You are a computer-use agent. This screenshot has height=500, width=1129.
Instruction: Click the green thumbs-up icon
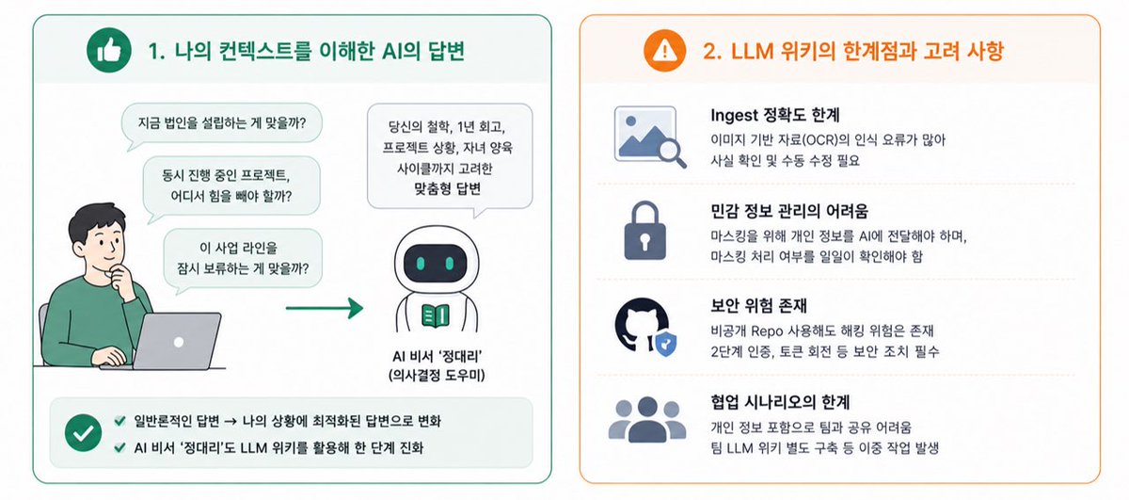pyautogui.click(x=109, y=51)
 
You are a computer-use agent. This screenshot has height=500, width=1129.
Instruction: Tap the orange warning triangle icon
pyautogui.click(x=665, y=51)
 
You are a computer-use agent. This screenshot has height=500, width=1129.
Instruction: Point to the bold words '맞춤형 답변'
pyautogui.click(x=448, y=189)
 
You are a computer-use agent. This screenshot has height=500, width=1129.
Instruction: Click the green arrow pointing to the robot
pyautogui.click(x=325, y=308)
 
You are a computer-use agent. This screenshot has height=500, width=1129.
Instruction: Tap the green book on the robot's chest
pyautogui.click(x=436, y=315)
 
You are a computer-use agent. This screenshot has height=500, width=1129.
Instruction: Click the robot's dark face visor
pyautogui.click(x=436, y=264)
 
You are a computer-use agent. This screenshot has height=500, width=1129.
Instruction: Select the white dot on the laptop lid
pyautogui.click(x=179, y=342)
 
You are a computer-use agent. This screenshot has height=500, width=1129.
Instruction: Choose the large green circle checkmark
pyautogui.click(x=83, y=433)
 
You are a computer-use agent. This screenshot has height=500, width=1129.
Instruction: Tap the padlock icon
pyautogui.click(x=645, y=231)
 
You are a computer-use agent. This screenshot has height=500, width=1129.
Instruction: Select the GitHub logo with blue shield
pyautogui.click(x=645, y=327)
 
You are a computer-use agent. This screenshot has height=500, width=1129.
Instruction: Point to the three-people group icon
pyautogui.click(x=647, y=420)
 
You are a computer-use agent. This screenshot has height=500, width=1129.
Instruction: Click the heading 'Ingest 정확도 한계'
pyautogui.click(x=774, y=115)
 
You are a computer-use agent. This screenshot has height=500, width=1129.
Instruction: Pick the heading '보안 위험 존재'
pyautogui.click(x=758, y=305)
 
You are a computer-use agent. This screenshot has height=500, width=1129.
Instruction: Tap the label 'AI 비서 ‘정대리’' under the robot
pyautogui.click(x=437, y=356)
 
